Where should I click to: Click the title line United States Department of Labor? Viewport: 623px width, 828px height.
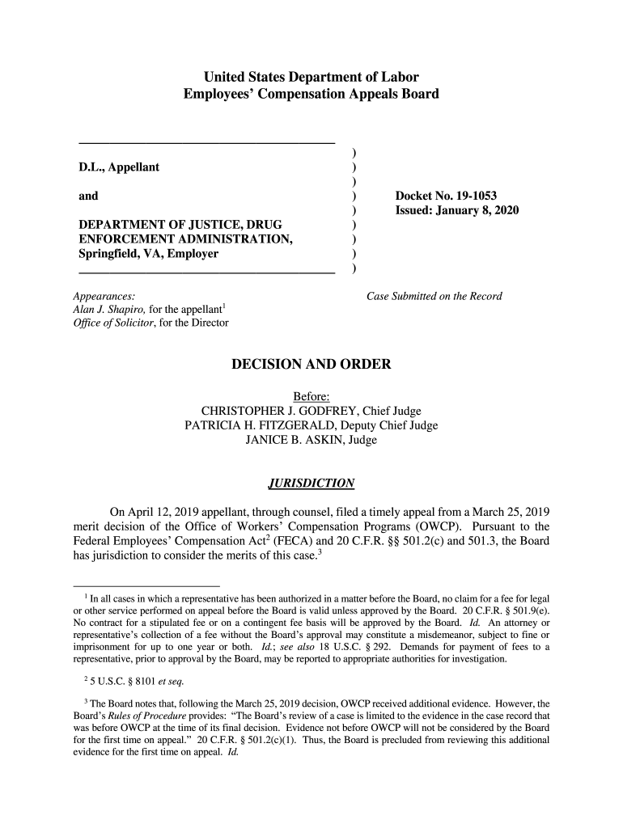[x=311, y=78]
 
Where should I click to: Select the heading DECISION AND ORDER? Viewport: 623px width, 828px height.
[x=311, y=365]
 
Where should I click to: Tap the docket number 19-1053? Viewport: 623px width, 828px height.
[x=472, y=196]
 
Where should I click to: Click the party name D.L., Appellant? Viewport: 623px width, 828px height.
[x=119, y=167]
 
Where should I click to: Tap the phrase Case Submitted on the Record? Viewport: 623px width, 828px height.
[x=434, y=296]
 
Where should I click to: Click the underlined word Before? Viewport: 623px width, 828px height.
[x=311, y=396]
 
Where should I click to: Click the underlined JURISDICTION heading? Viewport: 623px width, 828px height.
[x=311, y=484]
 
